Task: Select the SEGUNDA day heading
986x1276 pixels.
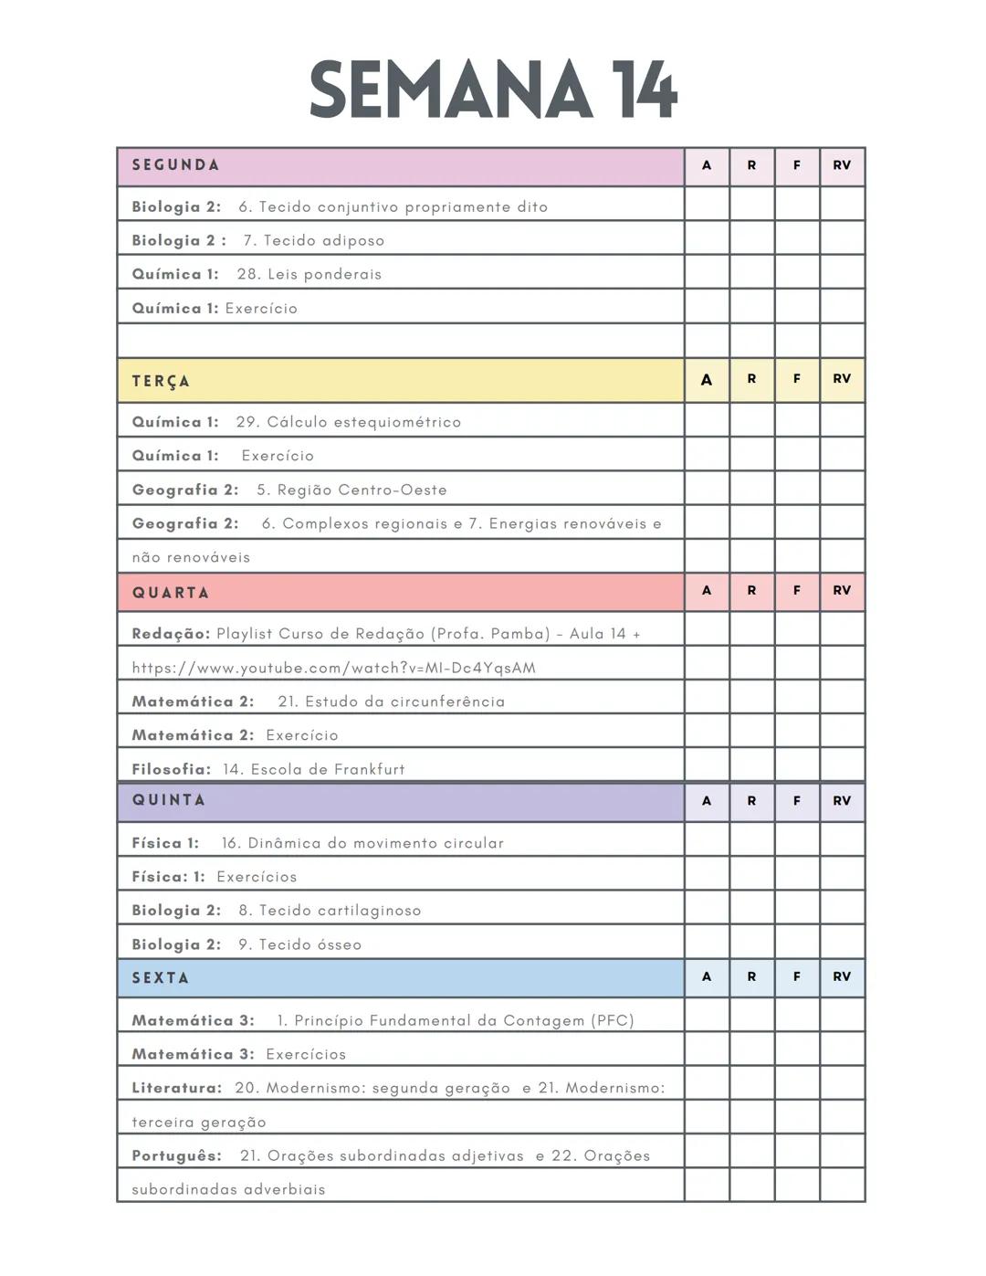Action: coord(175,165)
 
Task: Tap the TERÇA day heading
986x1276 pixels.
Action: coord(161,381)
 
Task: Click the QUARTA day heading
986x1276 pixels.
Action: coord(171,593)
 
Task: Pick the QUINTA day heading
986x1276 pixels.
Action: coord(169,800)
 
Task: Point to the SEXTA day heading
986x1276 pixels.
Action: coord(161,977)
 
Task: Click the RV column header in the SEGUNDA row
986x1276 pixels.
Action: coord(842,165)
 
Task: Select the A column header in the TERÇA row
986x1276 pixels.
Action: coord(707,380)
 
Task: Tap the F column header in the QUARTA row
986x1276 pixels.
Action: coord(797,591)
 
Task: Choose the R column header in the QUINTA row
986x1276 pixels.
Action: coord(751,801)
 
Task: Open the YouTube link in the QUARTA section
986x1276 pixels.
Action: coord(333,668)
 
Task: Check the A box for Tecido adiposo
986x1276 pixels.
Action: coord(707,238)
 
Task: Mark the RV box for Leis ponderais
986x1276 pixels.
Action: coord(842,272)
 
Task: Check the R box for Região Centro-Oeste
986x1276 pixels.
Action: coord(751,488)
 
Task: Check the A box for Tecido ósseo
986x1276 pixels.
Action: coord(707,942)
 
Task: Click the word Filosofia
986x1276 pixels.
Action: coord(171,769)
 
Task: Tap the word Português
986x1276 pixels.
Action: coord(176,1155)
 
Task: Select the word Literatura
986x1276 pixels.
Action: coord(176,1088)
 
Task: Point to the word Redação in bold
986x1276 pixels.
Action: coord(170,634)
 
